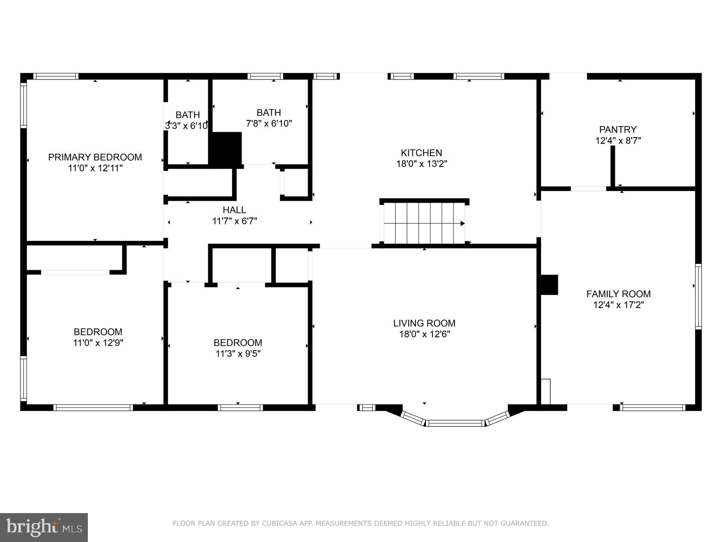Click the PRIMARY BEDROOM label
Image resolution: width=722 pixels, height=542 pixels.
coord(95,157)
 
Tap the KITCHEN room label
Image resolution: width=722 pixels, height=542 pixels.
coord(421,153)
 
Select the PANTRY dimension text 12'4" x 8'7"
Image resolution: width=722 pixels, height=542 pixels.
coord(618,141)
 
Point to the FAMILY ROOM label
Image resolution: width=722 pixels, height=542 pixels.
coord(618,294)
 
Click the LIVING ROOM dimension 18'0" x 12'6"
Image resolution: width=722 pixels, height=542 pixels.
coord(424,334)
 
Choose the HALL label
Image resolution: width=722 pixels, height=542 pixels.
coord(234,210)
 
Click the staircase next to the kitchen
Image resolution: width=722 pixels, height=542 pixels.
coord(424,223)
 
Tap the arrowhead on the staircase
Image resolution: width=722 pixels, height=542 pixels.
coord(462,224)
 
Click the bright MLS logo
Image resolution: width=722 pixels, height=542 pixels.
coord(44,527)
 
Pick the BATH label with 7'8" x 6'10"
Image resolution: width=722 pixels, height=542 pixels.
coord(268,113)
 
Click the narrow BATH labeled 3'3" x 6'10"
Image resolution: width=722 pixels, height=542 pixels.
coord(187,115)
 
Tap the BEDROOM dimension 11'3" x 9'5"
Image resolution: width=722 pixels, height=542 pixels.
coord(238,354)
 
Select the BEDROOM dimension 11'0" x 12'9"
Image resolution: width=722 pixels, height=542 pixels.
coord(98,343)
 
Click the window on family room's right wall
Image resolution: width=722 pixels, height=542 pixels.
coord(698,297)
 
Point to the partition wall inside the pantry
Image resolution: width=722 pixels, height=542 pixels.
coord(612,166)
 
